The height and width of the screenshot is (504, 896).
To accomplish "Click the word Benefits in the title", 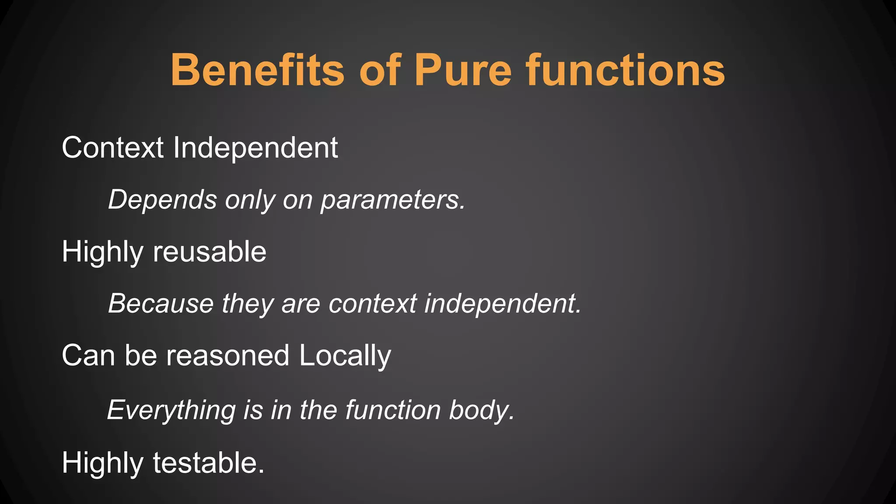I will tap(257, 70).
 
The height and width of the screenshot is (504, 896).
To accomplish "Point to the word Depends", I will tap(162, 200).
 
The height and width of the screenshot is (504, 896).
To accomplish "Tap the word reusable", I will tap(210, 252).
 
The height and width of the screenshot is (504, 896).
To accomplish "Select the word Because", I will tap(161, 304).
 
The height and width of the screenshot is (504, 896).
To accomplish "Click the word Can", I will tap(88, 355).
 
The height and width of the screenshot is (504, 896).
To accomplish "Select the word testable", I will tap(209, 463).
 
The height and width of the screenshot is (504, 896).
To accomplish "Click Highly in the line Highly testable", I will tap(102, 463).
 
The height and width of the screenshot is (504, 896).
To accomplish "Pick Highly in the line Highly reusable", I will tap(102, 252).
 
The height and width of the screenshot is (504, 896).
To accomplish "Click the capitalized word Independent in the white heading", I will tap(255, 148).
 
